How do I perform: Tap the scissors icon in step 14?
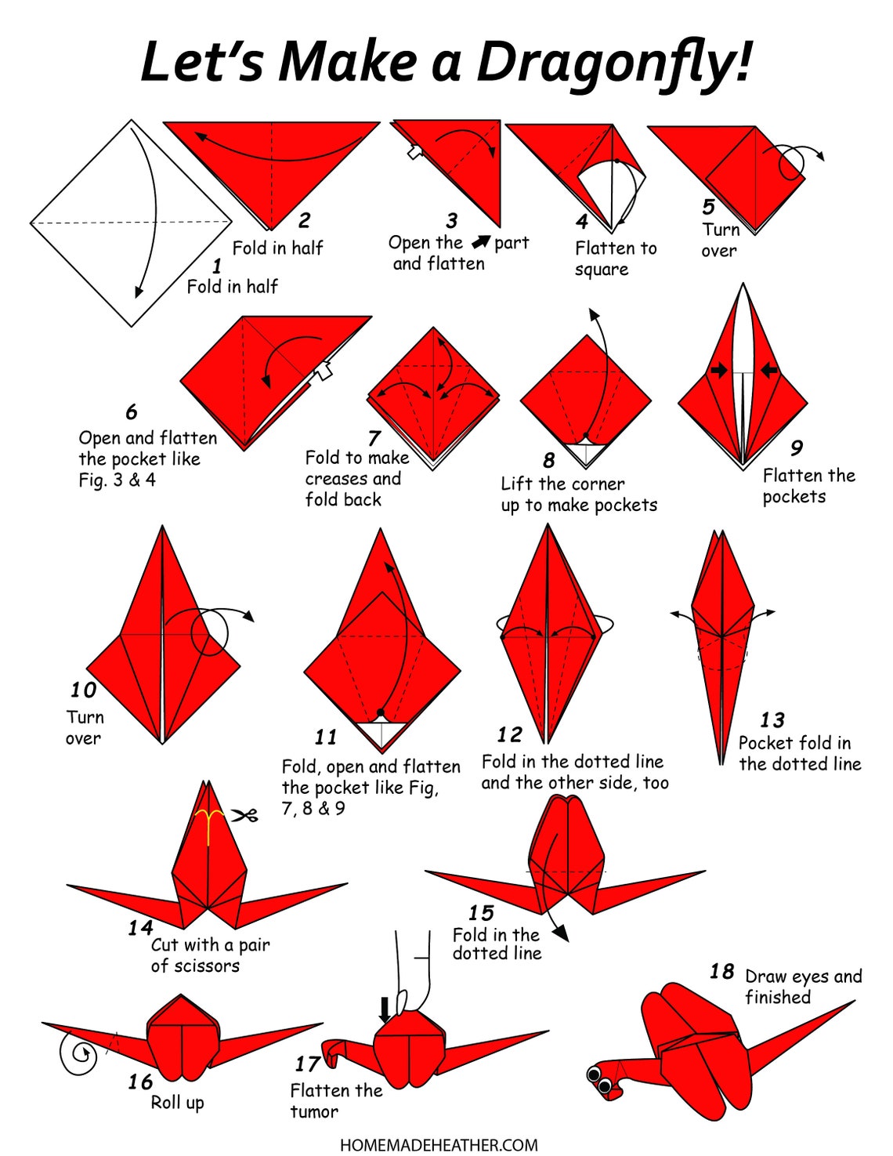244,816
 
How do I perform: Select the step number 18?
721,972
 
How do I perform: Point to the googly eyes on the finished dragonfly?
600,1079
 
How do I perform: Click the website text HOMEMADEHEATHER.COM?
439,1145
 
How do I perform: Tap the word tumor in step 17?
314,1111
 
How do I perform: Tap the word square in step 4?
601,270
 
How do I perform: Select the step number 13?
772,719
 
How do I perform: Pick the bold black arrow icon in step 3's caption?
480,242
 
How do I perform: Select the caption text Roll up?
177,1102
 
